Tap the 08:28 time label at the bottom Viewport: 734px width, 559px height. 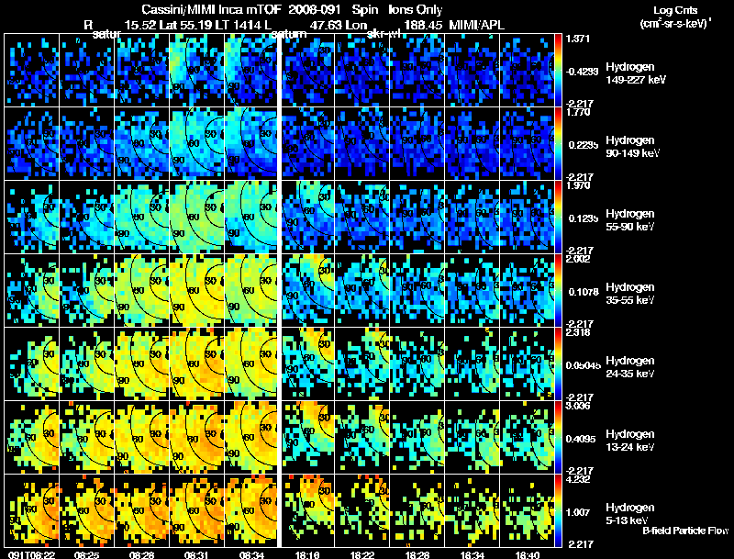[141, 554]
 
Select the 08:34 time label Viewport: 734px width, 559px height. [251, 554]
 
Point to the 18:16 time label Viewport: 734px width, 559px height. [307, 554]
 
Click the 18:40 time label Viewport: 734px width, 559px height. [528, 554]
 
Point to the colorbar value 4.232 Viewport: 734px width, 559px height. [578, 479]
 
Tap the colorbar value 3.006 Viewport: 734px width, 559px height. [578, 406]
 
